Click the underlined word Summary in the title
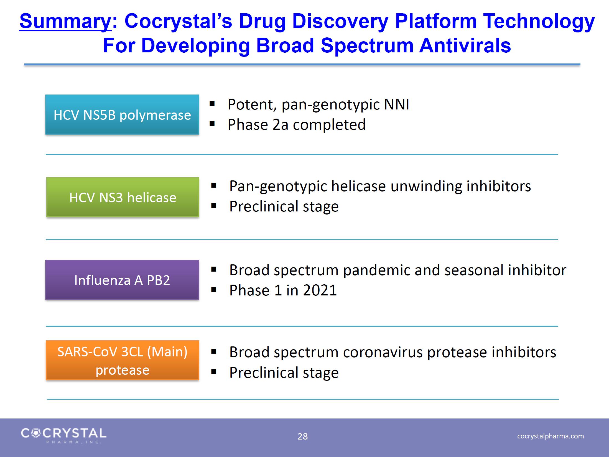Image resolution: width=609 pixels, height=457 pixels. coord(65,22)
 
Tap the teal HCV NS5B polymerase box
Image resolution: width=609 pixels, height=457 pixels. coord(122,115)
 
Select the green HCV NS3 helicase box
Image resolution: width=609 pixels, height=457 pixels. coord(123,197)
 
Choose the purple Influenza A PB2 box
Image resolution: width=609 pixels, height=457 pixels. coord(122,280)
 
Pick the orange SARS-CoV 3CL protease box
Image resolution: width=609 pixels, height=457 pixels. coord(123,360)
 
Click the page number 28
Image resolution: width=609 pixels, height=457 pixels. coord(303,436)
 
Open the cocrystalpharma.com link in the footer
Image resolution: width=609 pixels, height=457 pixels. coord(551,436)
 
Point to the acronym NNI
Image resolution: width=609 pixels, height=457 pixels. coord(396,104)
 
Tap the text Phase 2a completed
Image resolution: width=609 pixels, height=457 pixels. coord(297,125)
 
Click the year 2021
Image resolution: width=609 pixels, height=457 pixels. coord(320,290)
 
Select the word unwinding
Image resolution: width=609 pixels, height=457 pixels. coord(426,186)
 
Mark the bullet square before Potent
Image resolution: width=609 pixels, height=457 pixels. coord(212,104)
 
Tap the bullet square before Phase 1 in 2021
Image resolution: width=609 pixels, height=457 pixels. coord(214,290)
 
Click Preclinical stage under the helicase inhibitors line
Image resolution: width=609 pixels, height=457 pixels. coord(284,206)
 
